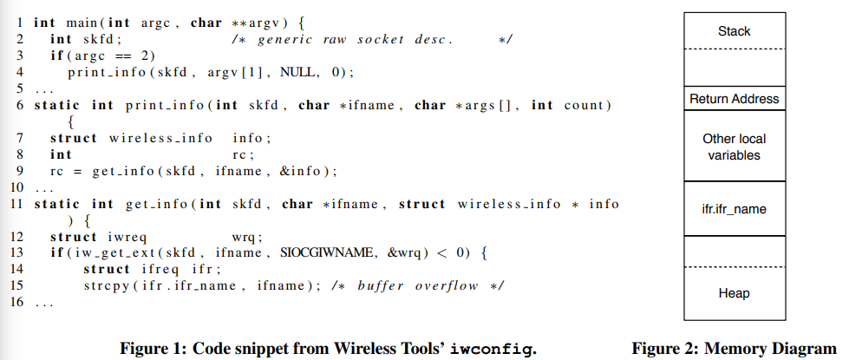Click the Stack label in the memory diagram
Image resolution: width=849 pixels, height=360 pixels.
click(734, 31)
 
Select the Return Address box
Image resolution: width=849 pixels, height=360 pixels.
click(734, 99)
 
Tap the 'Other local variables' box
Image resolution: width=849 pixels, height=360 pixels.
click(734, 147)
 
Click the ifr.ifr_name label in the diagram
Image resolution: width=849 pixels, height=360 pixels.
click(734, 210)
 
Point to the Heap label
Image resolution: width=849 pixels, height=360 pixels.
click(734, 293)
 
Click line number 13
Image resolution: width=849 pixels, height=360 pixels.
click(15, 252)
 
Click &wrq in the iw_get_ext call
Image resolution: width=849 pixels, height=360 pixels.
click(405, 252)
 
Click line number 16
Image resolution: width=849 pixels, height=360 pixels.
click(15, 303)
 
